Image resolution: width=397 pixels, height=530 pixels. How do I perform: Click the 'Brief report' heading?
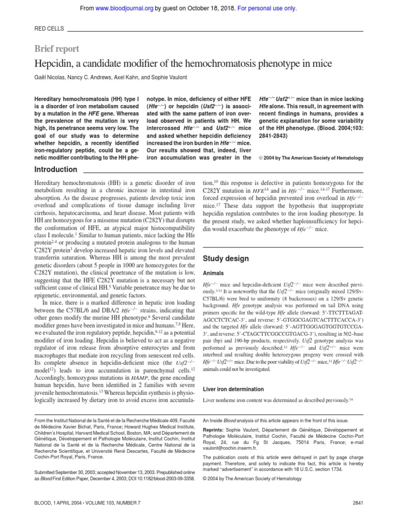pyautogui.click(x=56, y=49)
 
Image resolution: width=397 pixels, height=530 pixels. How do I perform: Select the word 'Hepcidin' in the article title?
pyautogui.click(x=52, y=64)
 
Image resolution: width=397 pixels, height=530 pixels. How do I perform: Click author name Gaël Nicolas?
pyautogui.click(x=50, y=77)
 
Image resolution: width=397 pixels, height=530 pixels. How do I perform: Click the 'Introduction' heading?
pyautogui.click(x=55, y=169)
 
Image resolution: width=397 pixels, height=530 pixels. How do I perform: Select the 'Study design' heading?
pyautogui.click(x=225, y=258)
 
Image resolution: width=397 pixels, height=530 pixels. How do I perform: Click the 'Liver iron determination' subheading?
pyautogui.click(x=233, y=389)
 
